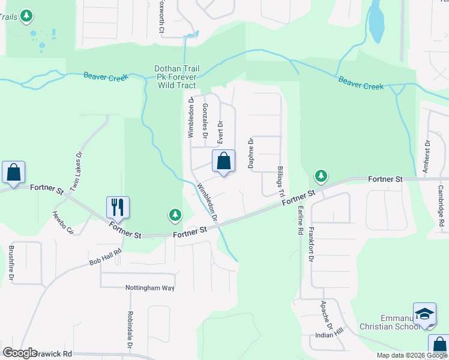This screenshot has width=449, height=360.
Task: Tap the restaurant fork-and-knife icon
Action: [x=118, y=207]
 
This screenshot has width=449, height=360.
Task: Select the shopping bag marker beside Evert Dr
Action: [x=223, y=161]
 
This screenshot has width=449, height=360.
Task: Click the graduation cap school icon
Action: [x=425, y=314]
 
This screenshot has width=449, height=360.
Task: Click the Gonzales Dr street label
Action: [x=205, y=121]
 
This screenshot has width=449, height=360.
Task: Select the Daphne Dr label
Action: [x=251, y=152]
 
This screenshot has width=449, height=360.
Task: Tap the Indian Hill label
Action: [x=330, y=333]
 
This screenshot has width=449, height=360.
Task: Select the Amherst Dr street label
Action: [x=426, y=157]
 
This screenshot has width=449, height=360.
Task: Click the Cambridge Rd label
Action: [x=441, y=205]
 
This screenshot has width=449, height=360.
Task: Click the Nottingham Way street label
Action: [x=149, y=288]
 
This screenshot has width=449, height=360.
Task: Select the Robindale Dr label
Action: [x=130, y=330]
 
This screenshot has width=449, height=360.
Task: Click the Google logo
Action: [x=20, y=353]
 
